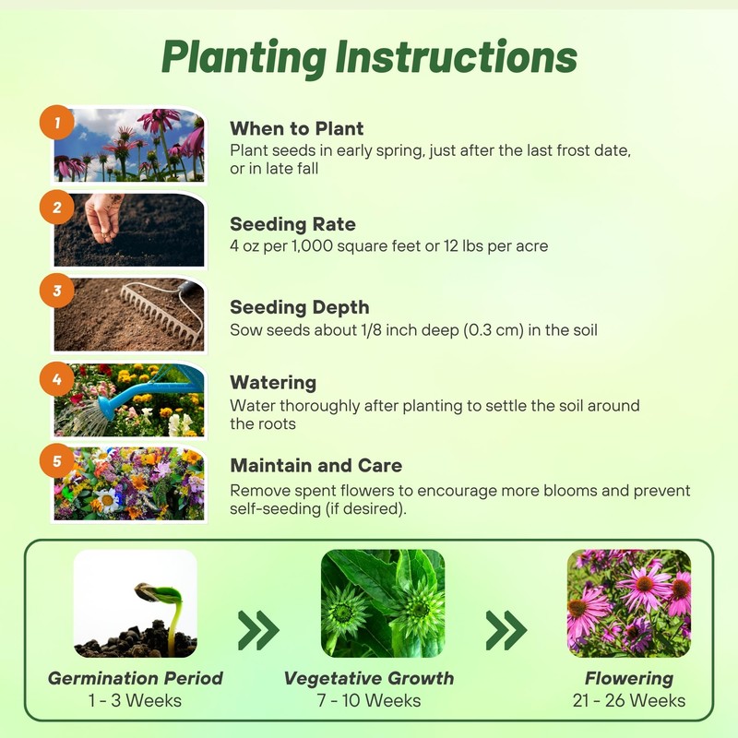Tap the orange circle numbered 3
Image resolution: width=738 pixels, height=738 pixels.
coord(57,291)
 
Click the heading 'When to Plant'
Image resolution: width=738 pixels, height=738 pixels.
coord(296,128)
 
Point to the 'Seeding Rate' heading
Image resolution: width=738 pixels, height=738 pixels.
coord(292,224)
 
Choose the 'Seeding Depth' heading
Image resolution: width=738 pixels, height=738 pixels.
coord(299,307)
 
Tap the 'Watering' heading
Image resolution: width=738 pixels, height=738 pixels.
coord(273,382)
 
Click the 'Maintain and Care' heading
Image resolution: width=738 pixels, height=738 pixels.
coord(315,465)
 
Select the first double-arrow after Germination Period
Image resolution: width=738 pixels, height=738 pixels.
coord(258,630)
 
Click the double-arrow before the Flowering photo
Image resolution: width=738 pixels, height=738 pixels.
coord(506,630)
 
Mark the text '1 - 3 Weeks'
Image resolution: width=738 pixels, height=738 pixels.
coord(136,700)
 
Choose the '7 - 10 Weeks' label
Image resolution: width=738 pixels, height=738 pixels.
coord(369,700)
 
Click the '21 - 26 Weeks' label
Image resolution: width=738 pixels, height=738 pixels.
coord(629,700)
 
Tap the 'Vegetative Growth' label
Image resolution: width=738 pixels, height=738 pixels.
coord(369,678)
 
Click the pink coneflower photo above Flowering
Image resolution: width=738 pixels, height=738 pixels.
coord(629,602)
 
